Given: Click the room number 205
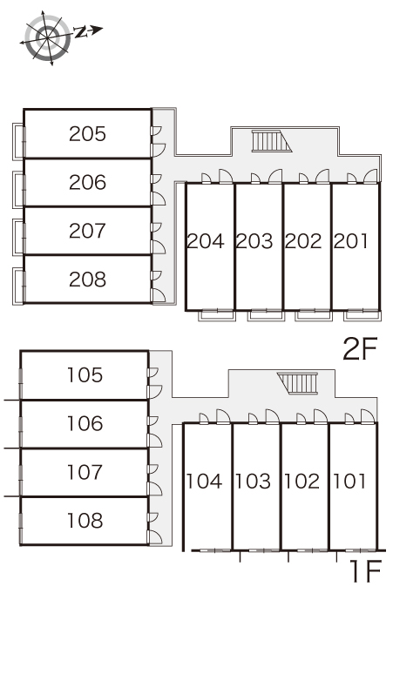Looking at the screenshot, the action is point(87,134).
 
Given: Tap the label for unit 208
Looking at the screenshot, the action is point(87,280).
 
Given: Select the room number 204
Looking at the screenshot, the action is point(206,241).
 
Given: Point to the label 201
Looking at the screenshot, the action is point(351,241).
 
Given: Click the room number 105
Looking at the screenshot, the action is point(85,375).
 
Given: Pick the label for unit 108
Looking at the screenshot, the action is point(85,521).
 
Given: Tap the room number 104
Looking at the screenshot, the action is point(204,482).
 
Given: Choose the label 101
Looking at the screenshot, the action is point(349,482).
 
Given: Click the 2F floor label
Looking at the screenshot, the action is point(360,349).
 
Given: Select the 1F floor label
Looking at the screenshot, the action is point(366,572).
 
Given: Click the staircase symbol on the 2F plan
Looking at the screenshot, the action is point(271,141).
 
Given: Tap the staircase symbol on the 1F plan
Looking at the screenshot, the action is point(298,383).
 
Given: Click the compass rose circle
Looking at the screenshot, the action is point(47,37).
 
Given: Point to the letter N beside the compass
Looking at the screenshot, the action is point(80,31).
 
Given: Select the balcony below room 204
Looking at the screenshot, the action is point(217,315).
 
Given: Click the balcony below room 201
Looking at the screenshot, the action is point(363,315).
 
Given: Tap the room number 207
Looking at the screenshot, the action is point(87,231).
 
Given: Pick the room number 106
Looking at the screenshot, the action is point(85,424).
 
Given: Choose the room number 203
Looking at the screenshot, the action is point(254,241).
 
